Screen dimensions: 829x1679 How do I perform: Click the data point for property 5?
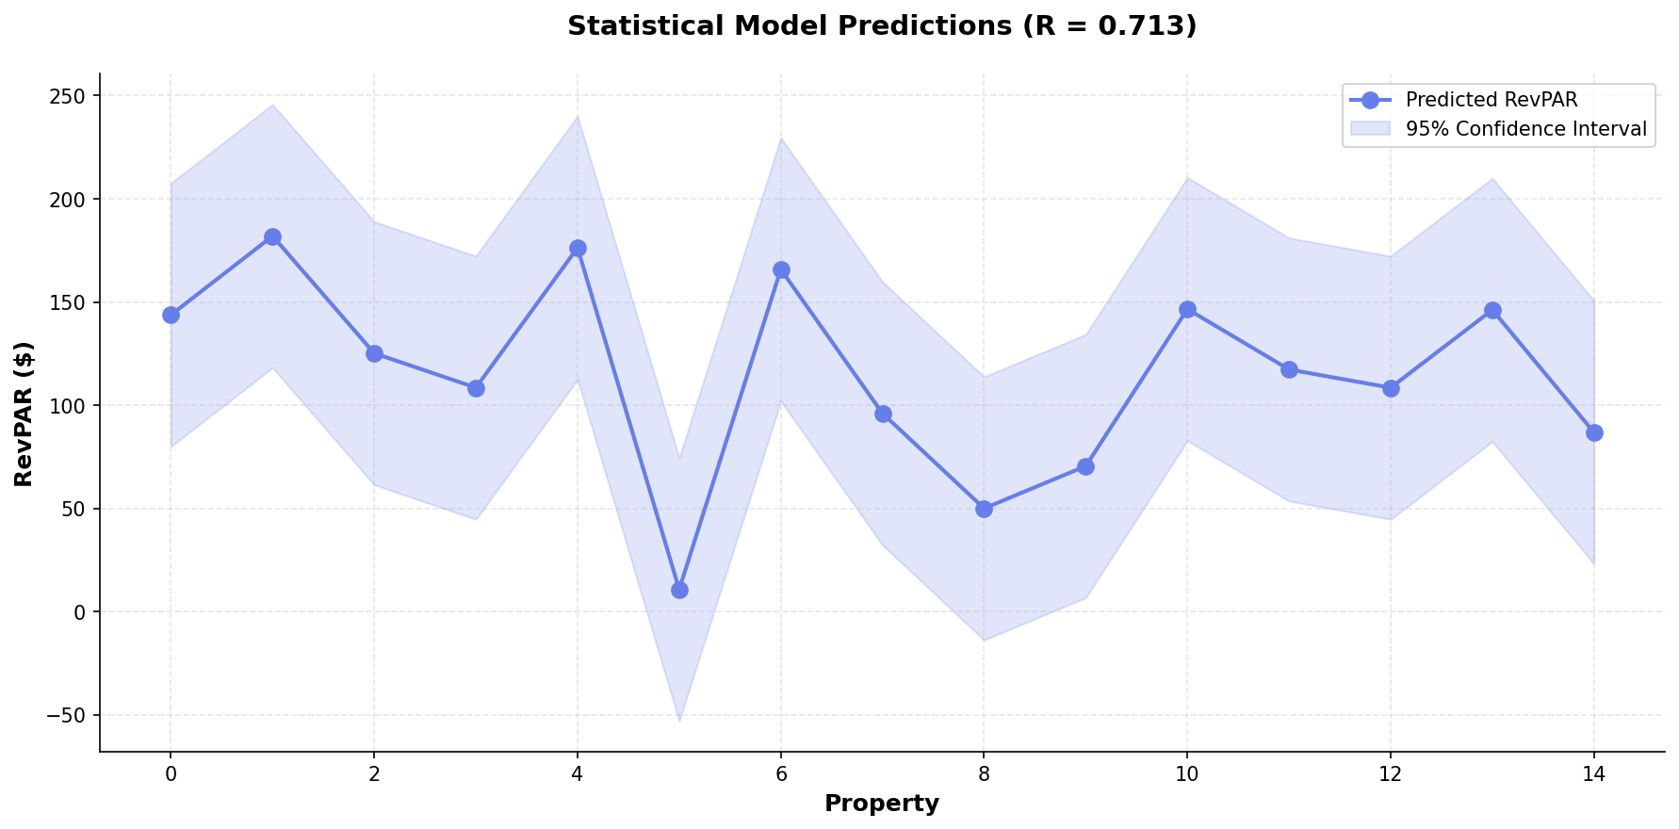tap(679, 590)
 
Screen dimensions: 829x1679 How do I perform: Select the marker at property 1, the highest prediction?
tap(272, 236)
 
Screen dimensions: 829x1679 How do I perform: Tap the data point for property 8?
tap(984, 509)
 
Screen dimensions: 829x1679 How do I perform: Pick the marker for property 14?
tap(1594, 432)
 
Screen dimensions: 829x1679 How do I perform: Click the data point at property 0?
tap(171, 315)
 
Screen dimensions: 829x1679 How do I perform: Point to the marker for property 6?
tap(781, 269)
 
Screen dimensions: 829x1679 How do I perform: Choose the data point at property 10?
tap(1187, 309)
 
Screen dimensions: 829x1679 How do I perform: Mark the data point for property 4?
tap(578, 248)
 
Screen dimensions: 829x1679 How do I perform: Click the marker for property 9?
tap(1085, 466)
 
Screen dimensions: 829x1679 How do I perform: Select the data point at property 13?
tap(1492, 310)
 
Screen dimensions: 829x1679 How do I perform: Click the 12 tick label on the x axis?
tap(1391, 774)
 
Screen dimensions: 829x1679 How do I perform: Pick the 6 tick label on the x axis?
tap(781, 774)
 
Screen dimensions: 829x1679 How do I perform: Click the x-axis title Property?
tap(881, 804)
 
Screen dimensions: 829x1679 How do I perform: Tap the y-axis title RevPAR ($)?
tap(24, 414)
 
